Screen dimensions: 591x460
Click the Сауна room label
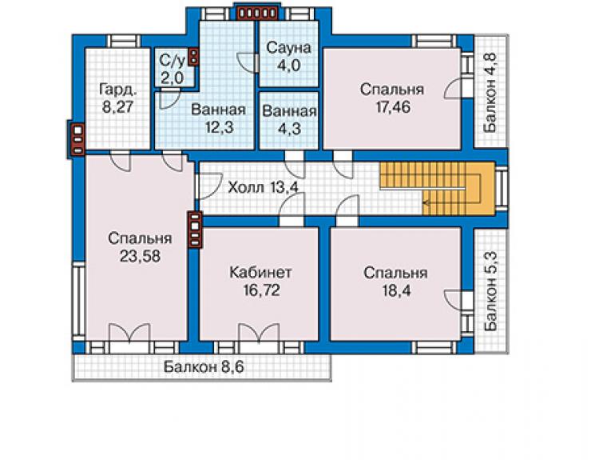289,48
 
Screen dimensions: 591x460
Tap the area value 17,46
393,107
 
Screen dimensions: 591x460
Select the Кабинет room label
260,272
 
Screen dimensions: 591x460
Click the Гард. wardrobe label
117,90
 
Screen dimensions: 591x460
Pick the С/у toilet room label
173,61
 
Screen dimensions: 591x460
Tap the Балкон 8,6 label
204,366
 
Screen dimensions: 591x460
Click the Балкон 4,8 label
490,92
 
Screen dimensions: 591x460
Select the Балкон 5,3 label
491,291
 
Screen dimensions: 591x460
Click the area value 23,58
141,256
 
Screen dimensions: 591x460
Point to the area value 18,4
396,291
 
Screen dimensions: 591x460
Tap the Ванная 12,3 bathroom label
218,118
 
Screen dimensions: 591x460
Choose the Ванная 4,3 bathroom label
289,120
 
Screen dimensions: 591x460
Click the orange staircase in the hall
437,189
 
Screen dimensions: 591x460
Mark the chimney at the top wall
256,14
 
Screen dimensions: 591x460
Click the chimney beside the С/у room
193,57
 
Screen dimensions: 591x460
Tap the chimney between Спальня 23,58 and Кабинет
195,230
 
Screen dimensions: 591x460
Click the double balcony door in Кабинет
260,333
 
